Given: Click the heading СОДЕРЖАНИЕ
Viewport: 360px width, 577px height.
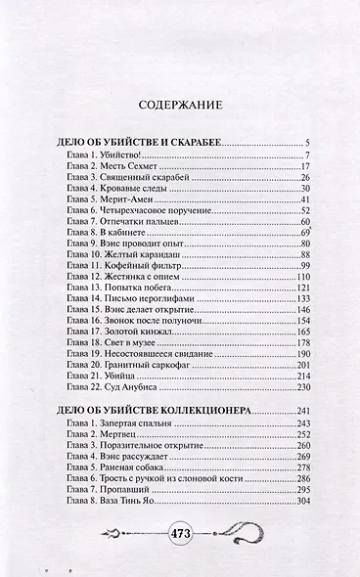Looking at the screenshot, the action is (180, 103).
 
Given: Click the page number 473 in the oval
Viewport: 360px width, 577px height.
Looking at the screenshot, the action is (181, 534).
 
